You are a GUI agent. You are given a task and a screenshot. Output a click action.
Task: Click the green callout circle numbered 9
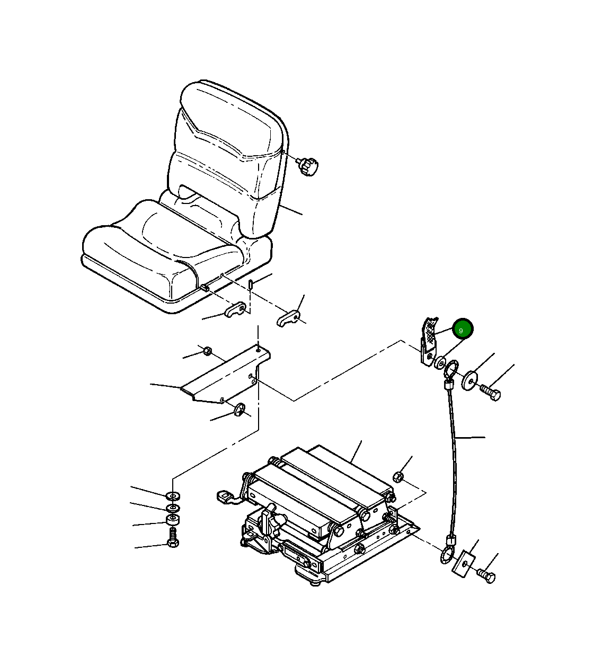(463, 328)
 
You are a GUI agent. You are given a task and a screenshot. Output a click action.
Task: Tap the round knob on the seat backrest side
(308, 166)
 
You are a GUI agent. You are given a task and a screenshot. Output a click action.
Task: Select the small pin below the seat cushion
(251, 284)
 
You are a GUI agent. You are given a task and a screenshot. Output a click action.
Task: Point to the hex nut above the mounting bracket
(207, 351)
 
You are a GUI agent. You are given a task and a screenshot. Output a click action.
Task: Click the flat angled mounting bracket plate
(227, 375)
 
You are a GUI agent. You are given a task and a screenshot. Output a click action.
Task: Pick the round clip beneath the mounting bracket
(240, 409)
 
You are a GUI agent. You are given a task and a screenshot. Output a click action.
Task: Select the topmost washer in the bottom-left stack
(173, 495)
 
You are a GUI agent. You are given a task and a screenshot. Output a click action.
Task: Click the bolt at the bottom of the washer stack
(173, 538)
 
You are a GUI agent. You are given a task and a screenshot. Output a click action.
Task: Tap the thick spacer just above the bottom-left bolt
(173, 520)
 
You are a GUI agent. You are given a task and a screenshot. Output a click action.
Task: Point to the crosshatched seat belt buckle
(430, 341)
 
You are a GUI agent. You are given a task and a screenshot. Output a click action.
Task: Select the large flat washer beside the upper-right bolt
(470, 380)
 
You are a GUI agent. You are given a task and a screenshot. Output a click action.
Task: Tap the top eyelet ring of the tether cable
(451, 370)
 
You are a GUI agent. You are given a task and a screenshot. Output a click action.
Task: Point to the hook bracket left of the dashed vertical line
(235, 309)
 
